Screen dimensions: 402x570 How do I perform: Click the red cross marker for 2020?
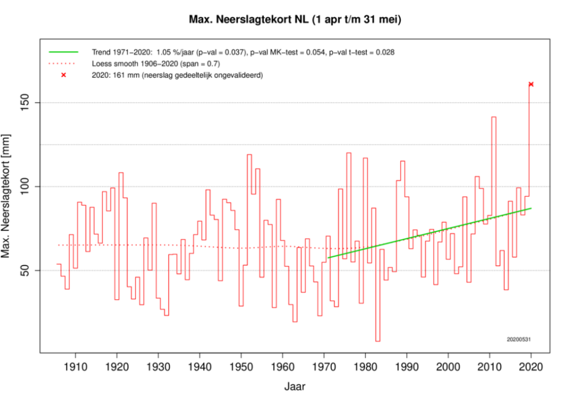pos(531,84)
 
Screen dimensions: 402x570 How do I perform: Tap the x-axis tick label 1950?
pos(241,366)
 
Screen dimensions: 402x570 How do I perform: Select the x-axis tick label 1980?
pos(365,366)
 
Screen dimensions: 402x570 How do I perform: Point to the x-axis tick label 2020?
pos(531,366)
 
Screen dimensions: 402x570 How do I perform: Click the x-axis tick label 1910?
pos(75,366)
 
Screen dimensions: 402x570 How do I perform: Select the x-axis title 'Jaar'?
pos(294,385)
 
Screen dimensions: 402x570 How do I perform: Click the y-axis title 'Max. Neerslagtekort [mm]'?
pos(7,196)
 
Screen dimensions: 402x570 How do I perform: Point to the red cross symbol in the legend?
pos(63,75)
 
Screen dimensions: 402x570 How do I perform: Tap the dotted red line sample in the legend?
pos(63,63)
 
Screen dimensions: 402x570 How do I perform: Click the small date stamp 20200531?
pos(518,339)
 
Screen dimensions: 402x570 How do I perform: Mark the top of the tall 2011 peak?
pos(493,117)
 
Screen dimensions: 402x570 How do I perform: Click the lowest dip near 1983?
pos(377,341)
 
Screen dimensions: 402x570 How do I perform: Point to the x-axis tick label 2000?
pos(448,366)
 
